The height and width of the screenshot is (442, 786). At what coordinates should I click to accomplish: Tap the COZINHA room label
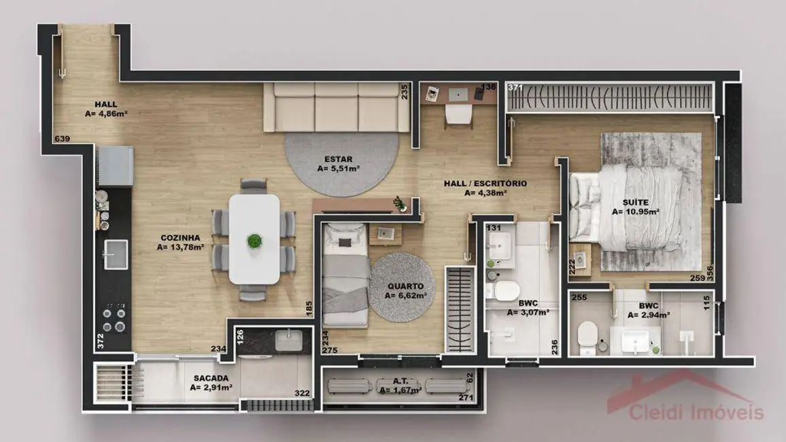tap(180, 237)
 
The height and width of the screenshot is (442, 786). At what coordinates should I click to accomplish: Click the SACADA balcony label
tap(210, 378)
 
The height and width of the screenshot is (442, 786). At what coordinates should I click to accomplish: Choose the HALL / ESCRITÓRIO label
tap(485, 183)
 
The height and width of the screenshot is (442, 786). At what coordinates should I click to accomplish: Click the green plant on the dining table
tap(254, 240)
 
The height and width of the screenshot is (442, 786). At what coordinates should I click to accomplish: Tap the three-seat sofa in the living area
tap(337, 107)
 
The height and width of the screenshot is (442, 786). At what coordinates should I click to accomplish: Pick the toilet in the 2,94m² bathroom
tap(586, 335)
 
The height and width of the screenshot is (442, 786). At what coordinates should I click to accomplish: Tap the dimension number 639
tap(62, 139)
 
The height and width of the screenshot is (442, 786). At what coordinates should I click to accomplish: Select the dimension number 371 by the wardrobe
tap(515, 88)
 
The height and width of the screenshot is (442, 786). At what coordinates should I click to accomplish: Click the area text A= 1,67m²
tap(400, 390)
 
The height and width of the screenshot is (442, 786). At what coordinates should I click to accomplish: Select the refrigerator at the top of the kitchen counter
tap(115, 166)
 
